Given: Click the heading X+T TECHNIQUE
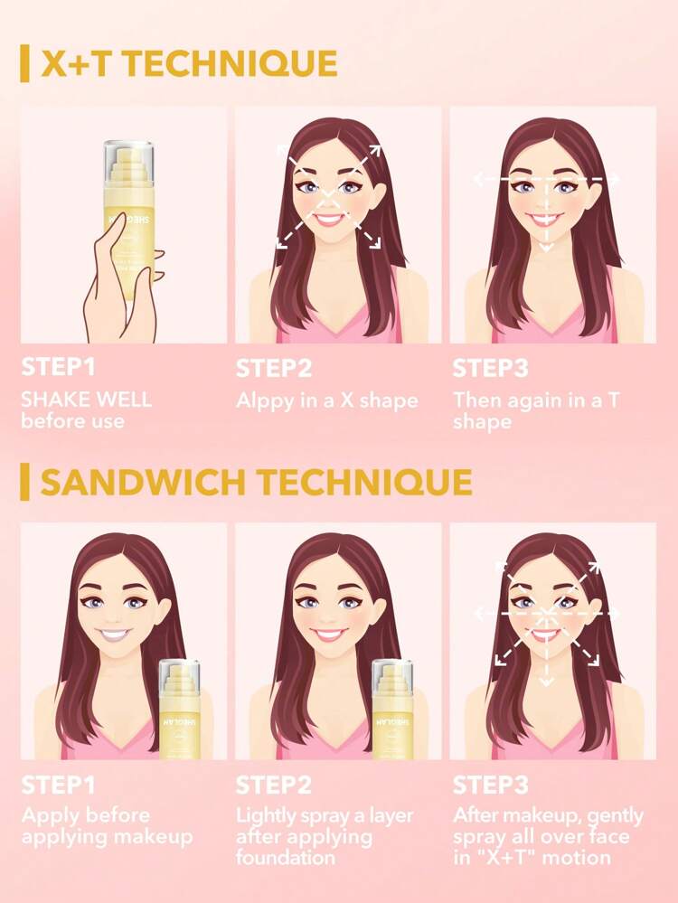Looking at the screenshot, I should (189, 64).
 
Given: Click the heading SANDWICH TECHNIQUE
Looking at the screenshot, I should (256, 482).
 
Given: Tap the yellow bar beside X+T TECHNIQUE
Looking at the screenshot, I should (24, 64).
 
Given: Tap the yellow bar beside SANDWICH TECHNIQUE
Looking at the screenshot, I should (24, 482).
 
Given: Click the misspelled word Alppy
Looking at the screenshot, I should (261, 400).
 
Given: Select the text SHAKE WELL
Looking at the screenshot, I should (87, 399).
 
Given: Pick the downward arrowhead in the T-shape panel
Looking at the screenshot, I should (546, 244).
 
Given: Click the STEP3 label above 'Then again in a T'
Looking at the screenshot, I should (490, 369).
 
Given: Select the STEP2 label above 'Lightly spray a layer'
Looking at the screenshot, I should (274, 785).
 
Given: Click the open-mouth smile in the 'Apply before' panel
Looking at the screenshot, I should (116, 635).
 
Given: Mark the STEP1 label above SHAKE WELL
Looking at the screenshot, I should (58, 369).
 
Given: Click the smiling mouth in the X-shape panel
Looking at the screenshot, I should (330, 219).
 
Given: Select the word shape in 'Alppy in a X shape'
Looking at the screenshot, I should (386, 400).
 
